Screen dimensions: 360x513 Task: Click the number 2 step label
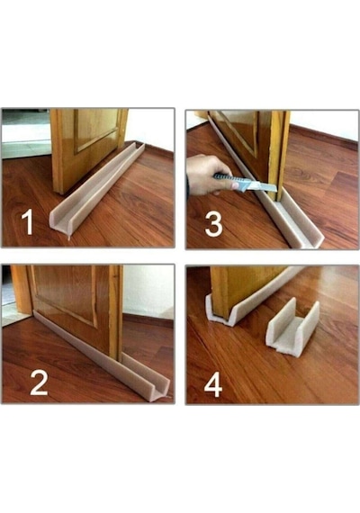tap(39, 382)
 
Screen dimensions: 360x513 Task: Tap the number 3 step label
tap(213, 224)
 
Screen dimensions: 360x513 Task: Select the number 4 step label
tap(213, 386)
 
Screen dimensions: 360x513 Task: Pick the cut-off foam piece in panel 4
tap(292, 328)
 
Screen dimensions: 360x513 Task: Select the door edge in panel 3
tap(279, 156)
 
